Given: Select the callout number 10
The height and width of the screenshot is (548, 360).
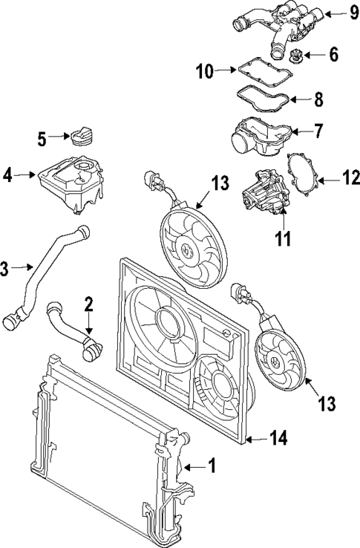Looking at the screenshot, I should coord(204,71).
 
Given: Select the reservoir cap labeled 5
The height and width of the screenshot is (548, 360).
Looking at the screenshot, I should coord(79,138).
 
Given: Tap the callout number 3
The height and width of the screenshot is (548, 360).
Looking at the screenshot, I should coord(6,268).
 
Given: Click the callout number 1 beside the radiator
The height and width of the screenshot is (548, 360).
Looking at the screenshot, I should coord(212,466).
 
